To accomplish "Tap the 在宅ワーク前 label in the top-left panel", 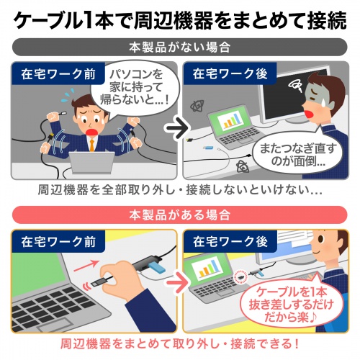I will [x=47, y=74].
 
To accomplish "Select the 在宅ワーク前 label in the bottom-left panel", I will [x=47, y=241].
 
